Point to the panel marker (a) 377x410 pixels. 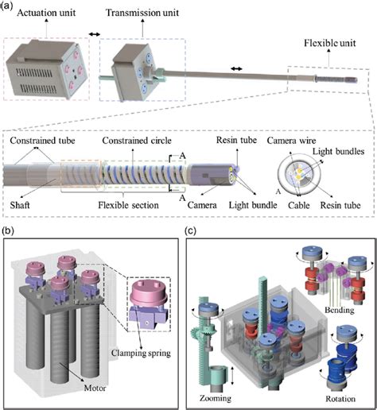pyautogui.click(x=10, y=6)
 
